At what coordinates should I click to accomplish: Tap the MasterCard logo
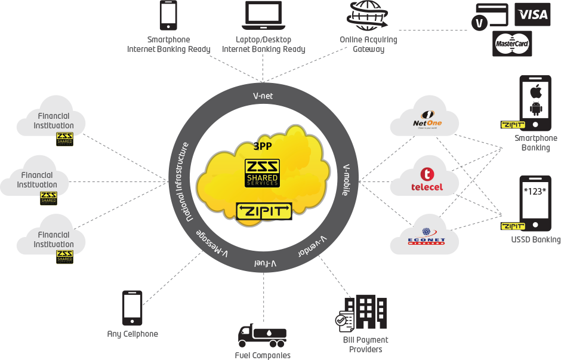(x=512, y=44)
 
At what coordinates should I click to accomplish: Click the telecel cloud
(x=425, y=179)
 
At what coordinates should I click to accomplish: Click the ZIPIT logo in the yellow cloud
(x=264, y=211)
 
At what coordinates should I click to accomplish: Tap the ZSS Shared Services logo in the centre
(x=263, y=173)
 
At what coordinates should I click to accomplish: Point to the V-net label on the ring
(x=263, y=96)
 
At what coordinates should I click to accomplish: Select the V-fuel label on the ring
(x=265, y=263)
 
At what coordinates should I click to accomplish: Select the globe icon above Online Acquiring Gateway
(x=368, y=15)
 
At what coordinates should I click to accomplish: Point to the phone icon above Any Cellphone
(x=132, y=308)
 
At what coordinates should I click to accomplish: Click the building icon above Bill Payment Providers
(x=365, y=313)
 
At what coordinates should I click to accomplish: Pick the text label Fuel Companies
(x=263, y=355)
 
